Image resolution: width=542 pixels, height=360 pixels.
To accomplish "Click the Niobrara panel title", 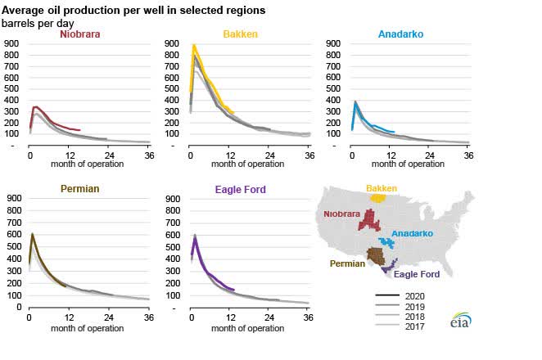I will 80,34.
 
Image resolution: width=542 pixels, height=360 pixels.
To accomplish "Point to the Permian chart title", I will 81,189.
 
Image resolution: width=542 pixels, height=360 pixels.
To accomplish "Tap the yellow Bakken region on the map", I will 377,197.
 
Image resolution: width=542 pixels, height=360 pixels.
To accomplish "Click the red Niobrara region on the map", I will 373,219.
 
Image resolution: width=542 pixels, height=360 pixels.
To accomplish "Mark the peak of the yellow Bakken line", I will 194,47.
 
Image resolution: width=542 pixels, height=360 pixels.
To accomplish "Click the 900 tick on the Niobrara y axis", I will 13,43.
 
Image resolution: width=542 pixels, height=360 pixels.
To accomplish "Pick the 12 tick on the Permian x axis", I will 69,316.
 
